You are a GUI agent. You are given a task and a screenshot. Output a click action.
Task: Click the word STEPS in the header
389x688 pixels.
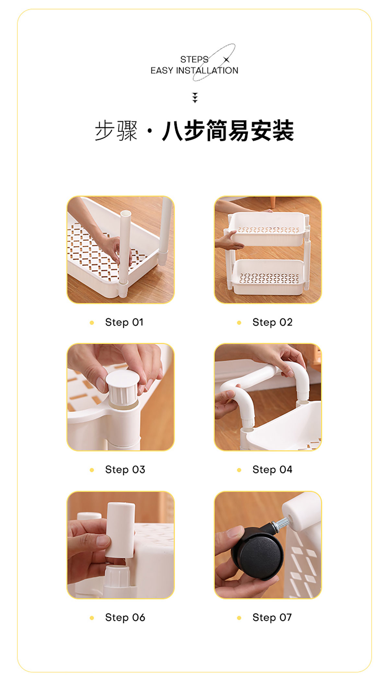[194, 59]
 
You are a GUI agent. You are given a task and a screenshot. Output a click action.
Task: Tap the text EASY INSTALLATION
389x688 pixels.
[194, 70]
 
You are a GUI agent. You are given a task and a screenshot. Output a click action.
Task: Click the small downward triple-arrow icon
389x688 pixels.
[195, 98]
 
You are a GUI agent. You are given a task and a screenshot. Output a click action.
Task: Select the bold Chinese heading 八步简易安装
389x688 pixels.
[228, 130]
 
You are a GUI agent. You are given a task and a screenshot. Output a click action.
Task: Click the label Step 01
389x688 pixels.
[124, 322]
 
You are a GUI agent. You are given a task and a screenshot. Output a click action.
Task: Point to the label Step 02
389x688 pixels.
[272, 322]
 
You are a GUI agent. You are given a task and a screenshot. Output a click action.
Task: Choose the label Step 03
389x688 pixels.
[125, 469]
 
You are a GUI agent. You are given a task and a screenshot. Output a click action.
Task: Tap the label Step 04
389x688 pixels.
[272, 469]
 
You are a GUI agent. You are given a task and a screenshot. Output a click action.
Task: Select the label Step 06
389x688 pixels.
[125, 617]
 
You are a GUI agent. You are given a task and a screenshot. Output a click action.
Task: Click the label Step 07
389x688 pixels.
[272, 617]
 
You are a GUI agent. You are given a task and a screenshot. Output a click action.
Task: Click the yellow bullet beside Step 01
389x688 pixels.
[92, 323]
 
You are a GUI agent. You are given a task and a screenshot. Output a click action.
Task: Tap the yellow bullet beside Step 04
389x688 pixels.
[239, 470]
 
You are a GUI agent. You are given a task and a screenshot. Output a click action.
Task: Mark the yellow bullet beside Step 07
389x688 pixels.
[239, 618]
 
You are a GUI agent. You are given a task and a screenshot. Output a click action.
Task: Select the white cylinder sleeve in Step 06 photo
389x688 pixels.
[120, 530]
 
